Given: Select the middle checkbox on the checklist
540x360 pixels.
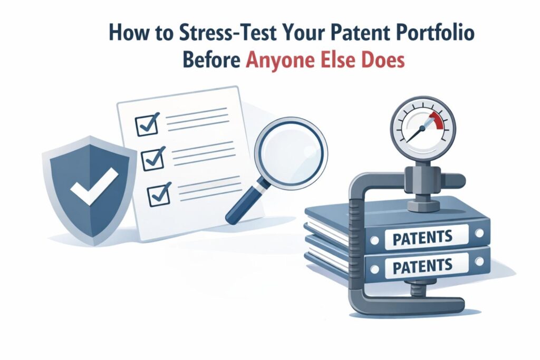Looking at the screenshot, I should (153, 158).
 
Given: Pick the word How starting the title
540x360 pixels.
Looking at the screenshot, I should (126, 33).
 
